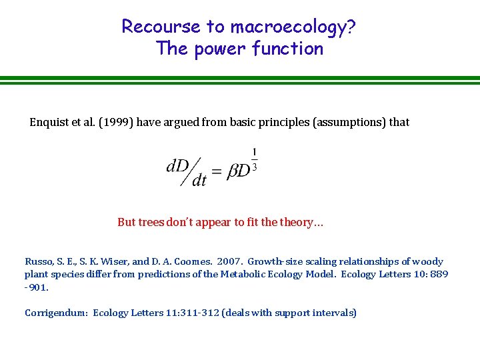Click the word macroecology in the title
click(294, 27)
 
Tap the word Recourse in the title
click(161, 27)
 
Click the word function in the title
click(290, 49)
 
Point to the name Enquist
click(51, 122)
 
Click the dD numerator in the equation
click(177, 165)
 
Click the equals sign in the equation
click(217, 171)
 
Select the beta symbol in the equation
click(233, 171)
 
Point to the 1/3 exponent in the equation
click(254, 159)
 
